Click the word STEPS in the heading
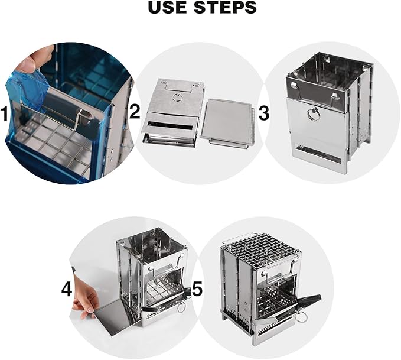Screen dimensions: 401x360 (225, 8)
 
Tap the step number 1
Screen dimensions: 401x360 (4, 113)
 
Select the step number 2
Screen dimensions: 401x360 (135, 112)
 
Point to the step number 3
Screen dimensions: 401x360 (263, 113)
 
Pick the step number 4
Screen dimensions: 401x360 (67, 290)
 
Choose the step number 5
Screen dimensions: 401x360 (197, 288)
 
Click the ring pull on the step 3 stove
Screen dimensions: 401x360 (314, 114)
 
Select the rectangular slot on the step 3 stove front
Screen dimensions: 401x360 (318, 155)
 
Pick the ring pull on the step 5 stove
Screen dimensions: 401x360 (302, 317)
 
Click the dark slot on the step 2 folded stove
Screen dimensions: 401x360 (170, 125)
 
